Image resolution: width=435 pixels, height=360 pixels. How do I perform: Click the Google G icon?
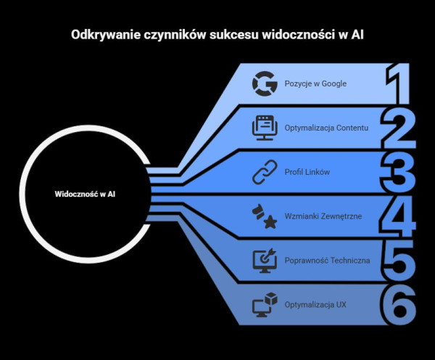tap(265, 84)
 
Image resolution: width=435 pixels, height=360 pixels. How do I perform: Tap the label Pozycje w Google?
tap(315, 84)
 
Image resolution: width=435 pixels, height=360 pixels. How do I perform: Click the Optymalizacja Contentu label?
tap(327, 128)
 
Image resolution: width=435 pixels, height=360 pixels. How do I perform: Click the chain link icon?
tap(265, 172)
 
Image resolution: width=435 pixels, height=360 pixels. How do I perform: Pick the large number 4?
tap(399, 216)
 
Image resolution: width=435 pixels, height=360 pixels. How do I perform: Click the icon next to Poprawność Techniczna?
tap(265, 260)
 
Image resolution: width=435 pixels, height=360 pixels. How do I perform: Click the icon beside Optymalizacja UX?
tap(265, 304)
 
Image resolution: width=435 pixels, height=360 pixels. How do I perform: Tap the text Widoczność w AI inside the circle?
tap(86, 195)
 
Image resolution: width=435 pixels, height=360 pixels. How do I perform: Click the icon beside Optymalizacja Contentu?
tap(265, 128)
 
